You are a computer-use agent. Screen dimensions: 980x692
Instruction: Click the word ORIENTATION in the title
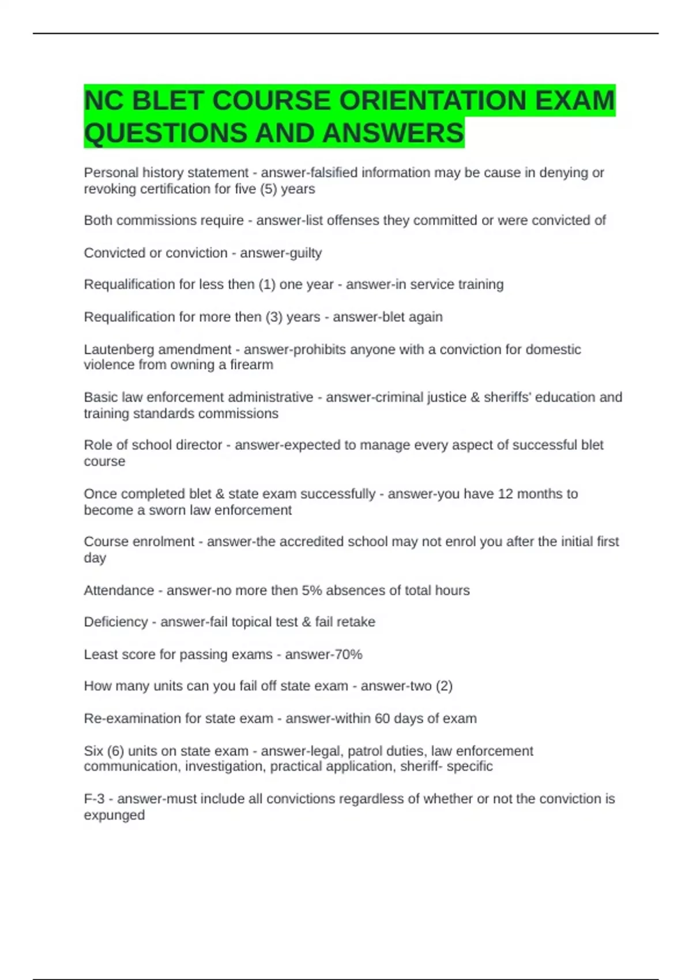point(433,101)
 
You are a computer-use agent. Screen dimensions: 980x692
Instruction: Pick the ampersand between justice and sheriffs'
point(475,397)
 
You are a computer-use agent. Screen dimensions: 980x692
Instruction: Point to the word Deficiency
point(115,622)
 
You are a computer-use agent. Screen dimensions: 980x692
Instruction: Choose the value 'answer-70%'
point(324,655)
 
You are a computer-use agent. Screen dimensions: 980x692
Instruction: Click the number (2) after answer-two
point(444,686)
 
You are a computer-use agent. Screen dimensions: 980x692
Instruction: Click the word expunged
point(114,816)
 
